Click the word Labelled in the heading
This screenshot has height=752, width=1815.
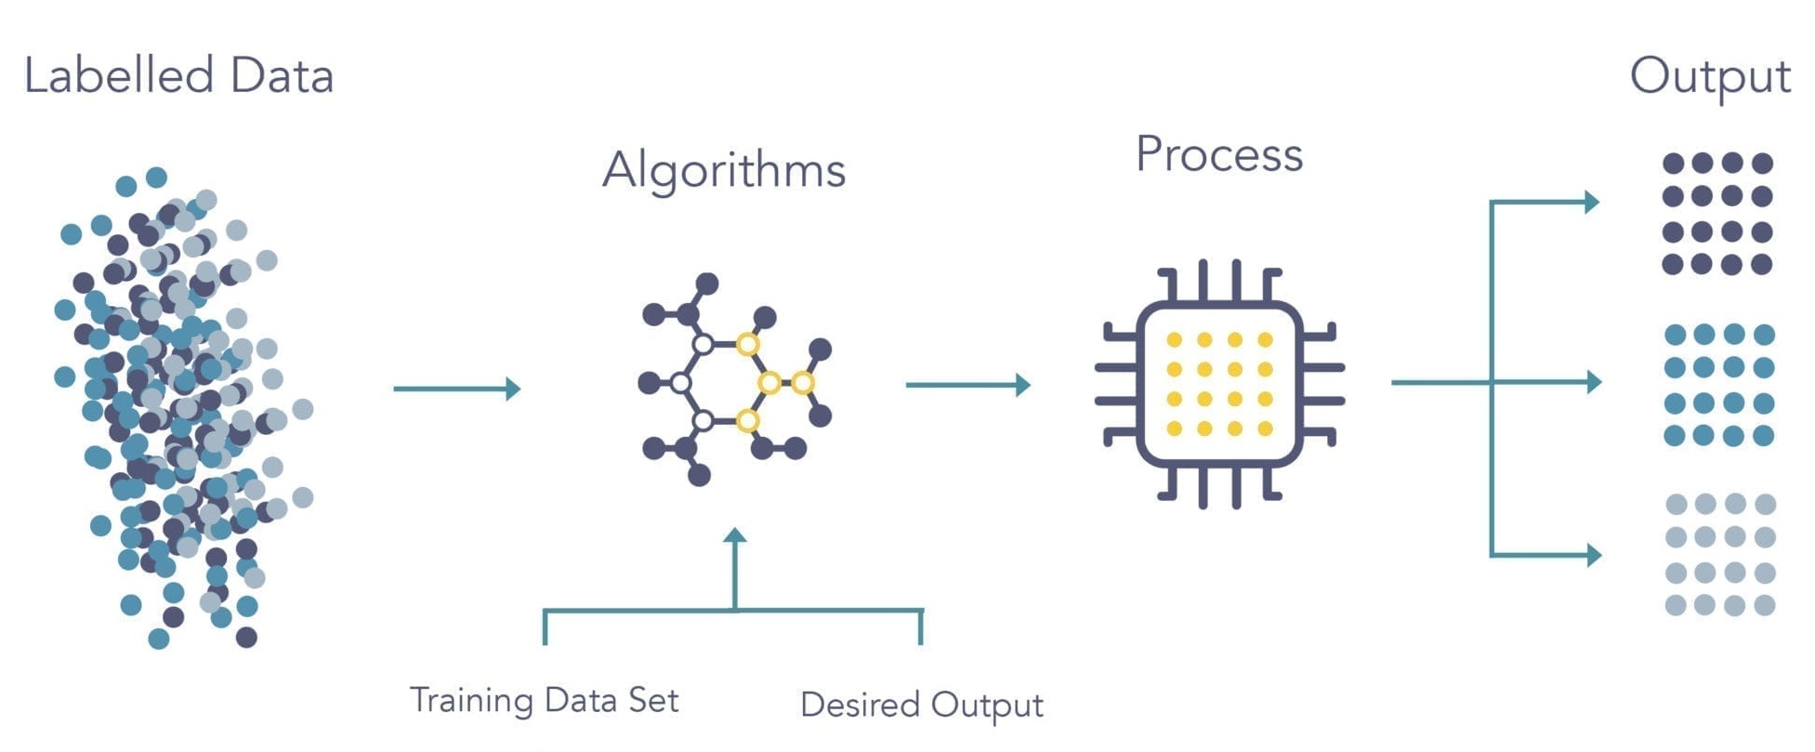118,75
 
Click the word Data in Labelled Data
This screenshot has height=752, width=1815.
282,75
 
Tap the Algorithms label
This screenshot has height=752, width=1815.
723,170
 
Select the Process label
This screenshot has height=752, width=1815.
1218,154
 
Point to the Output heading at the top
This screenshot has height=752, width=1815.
1709,77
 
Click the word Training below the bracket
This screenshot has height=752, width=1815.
471,700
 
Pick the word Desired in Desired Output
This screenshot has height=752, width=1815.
860,705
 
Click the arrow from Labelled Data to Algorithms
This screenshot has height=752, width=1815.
456,389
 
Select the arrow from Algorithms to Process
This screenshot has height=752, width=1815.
967,385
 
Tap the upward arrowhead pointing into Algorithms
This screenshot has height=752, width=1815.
735,536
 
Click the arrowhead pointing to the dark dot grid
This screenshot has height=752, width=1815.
1590,202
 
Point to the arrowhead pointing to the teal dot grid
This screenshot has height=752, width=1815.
1592,381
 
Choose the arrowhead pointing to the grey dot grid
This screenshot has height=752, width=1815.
1592,555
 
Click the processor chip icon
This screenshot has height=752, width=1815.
1218,383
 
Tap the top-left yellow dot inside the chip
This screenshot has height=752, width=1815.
1175,340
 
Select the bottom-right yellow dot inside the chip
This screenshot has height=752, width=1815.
1265,429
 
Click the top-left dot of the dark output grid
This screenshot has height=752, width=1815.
1674,164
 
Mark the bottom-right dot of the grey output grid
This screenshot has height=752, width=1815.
1764,606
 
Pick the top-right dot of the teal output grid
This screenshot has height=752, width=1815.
1764,335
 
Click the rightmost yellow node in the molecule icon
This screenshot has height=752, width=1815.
803,382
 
